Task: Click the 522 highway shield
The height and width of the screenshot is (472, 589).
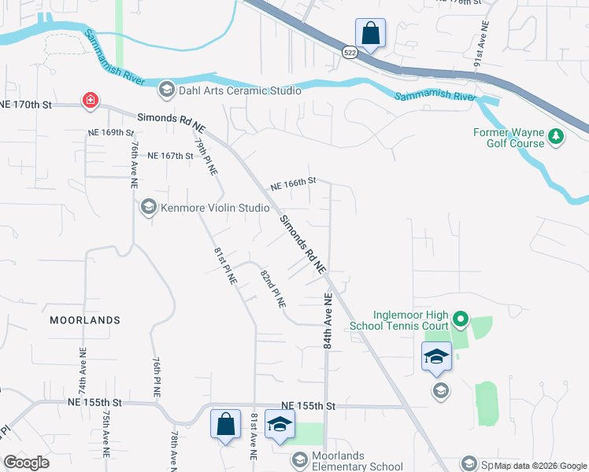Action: (x=349, y=51)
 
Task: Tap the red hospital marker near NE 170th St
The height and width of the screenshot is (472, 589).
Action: (x=91, y=100)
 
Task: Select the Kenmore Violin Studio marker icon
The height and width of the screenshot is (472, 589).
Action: (x=147, y=208)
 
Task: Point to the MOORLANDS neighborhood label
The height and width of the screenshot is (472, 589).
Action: (x=85, y=320)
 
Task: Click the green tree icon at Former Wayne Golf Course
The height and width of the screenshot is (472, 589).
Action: (x=557, y=137)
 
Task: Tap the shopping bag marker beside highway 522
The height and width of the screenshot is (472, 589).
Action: (x=370, y=34)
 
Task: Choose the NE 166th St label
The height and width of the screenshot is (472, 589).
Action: (x=293, y=183)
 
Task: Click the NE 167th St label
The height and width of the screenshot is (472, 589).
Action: (x=170, y=156)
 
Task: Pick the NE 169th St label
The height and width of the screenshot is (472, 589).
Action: (x=112, y=132)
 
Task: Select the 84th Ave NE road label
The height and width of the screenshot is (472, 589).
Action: (x=328, y=320)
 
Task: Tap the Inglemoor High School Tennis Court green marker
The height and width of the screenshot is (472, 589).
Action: (x=461, y=319)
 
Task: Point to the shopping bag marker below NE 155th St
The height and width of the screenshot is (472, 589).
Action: (x=225, y=426)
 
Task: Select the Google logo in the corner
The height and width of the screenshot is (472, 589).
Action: (x=26, y=463)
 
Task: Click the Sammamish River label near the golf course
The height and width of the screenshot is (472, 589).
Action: (x=435, y=96)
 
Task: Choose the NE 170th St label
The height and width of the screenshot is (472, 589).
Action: (x=26, y=104)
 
